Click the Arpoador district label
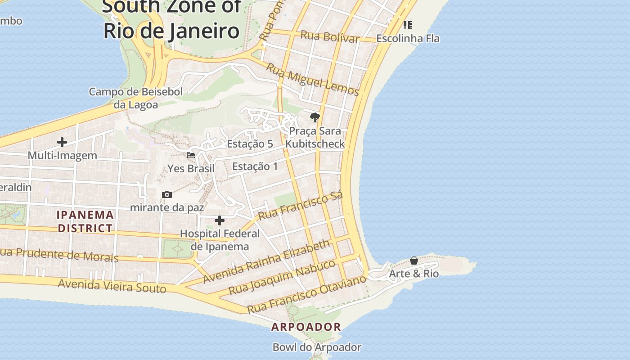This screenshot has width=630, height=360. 306,327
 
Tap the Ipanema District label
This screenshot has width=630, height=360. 85,221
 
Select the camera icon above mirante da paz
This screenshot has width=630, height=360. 167,194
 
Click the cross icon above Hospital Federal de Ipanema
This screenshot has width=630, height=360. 220,220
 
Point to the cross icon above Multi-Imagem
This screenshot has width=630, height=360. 62,142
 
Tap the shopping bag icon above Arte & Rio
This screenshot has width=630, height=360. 414,261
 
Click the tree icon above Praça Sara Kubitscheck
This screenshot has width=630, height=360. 315,117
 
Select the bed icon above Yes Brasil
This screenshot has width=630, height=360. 191,155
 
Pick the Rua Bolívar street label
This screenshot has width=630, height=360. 330,36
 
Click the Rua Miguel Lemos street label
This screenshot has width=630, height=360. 312,80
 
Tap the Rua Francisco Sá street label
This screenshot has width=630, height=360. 301,205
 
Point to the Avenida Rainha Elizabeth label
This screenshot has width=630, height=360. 266,261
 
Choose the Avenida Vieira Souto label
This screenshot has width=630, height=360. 112,285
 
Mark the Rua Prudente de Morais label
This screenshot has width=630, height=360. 59,255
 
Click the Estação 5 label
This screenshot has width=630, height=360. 250,144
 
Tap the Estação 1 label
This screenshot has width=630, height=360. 255,166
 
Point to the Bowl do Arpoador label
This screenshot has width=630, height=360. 317,347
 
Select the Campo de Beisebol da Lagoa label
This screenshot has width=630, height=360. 135,98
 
